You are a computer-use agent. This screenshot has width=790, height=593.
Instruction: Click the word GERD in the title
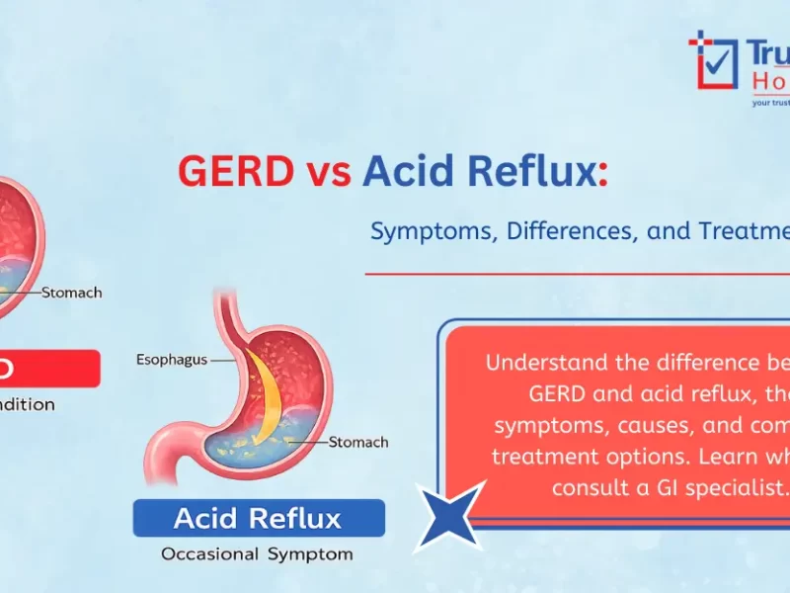coord(235,172)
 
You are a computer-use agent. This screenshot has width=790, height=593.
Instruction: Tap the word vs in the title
coord(327,173)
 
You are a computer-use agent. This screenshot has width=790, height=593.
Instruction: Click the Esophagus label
coord(171,360)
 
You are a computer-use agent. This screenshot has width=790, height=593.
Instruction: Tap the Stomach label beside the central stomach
coord(358,442)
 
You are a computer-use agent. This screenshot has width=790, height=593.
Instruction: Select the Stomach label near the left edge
coord(71,293)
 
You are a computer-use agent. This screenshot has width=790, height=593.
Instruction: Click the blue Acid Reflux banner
coord(258,518)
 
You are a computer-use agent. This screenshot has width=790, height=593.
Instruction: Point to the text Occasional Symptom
coord(258,554)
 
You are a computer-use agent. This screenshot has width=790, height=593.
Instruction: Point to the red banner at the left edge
coord(49,368)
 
